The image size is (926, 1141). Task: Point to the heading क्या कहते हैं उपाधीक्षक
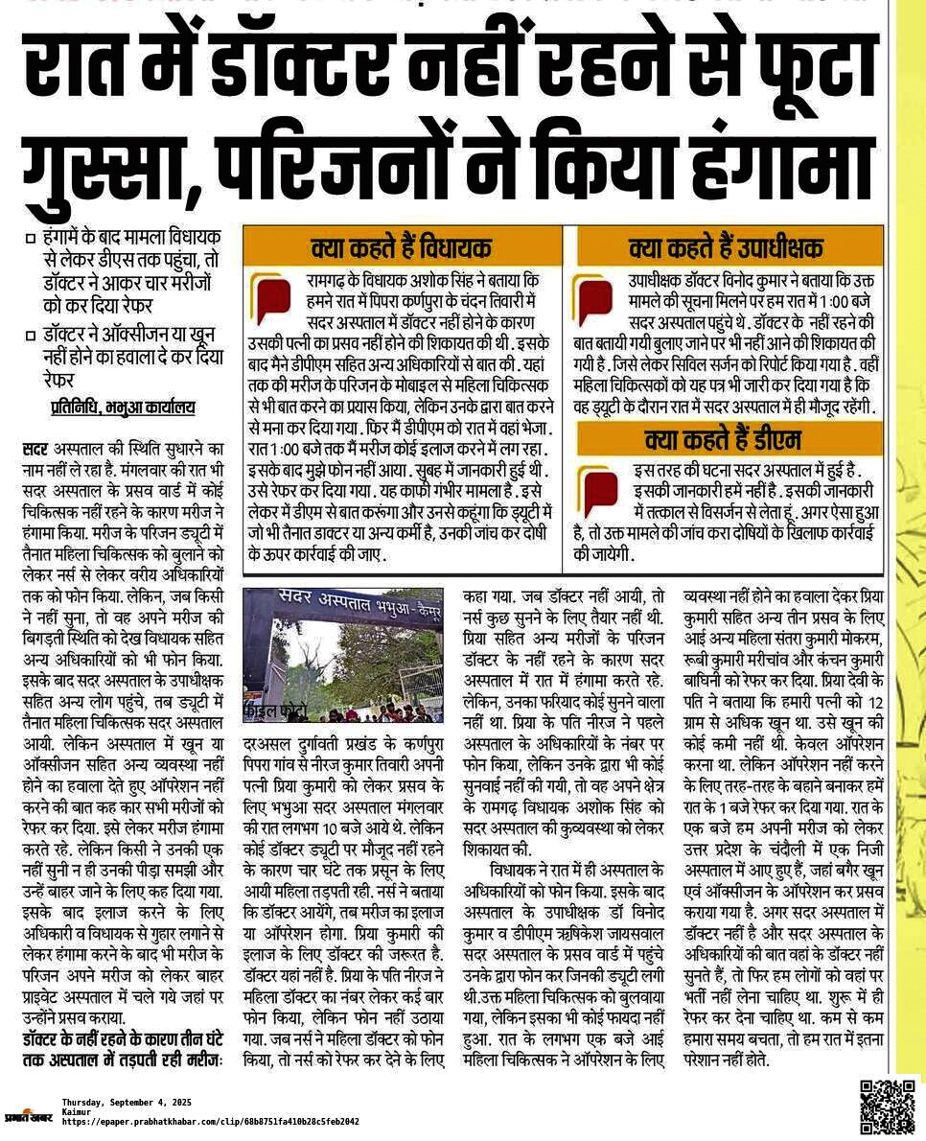click(726, 248)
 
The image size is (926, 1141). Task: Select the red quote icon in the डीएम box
click(601, 489)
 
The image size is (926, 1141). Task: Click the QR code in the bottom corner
click(887, 1106)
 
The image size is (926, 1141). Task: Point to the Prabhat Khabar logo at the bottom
click(29, 1115)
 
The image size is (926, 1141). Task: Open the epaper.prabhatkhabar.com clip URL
click(210, 1121)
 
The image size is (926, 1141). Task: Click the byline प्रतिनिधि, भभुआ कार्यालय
click(123, 407)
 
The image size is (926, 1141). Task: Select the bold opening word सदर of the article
click(35, 449)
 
